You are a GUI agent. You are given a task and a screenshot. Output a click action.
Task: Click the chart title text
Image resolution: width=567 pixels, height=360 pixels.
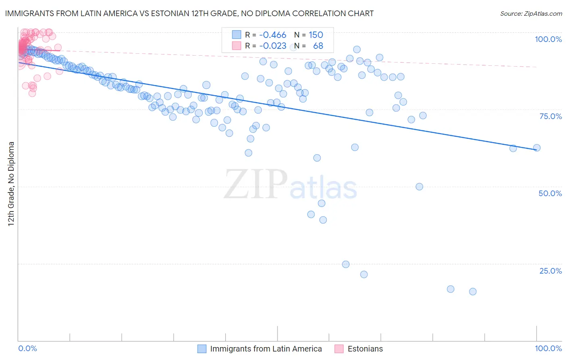189,13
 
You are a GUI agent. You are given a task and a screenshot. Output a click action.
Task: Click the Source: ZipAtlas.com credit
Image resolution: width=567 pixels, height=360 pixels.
531,13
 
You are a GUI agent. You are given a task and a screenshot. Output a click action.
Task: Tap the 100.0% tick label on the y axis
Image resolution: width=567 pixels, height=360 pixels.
548,39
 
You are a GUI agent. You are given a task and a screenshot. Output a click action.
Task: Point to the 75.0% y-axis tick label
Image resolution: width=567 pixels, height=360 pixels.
550,116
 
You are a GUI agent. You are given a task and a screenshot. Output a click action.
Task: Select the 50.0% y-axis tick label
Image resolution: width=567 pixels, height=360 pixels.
550,193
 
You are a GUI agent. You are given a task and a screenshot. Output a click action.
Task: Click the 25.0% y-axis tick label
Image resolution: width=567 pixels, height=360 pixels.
550,271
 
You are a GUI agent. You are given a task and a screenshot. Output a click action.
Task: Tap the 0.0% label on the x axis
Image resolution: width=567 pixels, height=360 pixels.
27,348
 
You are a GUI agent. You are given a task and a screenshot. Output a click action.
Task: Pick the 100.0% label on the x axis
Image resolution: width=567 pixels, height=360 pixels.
548,348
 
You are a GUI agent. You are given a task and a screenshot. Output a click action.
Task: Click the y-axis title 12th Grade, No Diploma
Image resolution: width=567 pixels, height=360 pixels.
11,184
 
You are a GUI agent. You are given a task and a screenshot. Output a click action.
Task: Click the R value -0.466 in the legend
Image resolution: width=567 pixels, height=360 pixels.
273,35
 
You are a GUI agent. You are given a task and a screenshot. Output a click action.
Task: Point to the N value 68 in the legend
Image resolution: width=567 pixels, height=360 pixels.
318,46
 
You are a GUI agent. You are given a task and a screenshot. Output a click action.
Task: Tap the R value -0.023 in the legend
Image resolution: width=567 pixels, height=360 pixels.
273,46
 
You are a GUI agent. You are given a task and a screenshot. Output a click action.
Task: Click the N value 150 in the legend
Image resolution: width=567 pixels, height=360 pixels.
316,35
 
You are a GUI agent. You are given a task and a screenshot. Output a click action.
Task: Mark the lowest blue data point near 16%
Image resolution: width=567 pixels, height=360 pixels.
473,291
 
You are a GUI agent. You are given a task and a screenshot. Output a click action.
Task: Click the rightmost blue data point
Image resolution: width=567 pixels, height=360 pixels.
537,148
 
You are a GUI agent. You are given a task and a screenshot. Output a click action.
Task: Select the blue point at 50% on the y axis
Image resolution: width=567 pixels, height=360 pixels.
419,186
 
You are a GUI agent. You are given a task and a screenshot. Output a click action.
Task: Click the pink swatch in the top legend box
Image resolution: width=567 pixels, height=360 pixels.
236,46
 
